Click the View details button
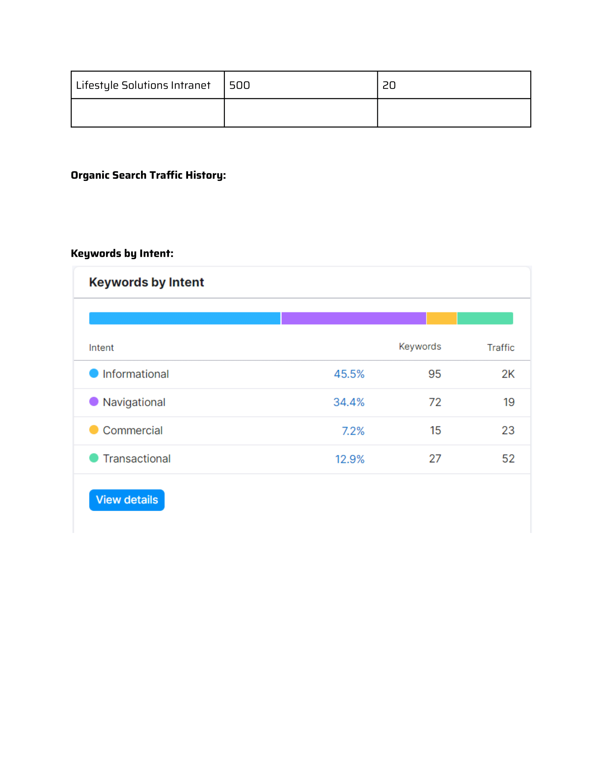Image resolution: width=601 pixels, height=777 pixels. click(127, 500)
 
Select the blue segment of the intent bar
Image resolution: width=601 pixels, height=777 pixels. click(185, 319)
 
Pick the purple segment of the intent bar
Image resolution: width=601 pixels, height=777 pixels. click(354, 319)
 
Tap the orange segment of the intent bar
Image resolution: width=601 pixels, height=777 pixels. click(442, 319)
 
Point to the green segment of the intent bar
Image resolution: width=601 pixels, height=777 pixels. click(485, 319)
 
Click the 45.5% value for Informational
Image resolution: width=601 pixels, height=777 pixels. click(349, 374)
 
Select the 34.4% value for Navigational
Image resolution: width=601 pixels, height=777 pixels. click(349, 402)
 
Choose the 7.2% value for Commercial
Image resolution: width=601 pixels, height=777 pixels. click(353, 431)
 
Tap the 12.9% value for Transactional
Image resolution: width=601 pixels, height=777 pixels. click(350, 459)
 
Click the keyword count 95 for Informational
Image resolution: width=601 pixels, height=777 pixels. click(434, 374)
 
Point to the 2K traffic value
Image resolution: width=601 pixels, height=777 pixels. click(508, 374)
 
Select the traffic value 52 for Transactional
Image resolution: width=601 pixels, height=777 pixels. click(508, 458)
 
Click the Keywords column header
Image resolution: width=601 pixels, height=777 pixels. click(420, 346)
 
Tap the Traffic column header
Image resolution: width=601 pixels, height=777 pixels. click(501, 348)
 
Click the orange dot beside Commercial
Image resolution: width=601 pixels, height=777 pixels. click(94, 430)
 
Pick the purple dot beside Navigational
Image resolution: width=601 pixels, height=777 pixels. click(94, 402)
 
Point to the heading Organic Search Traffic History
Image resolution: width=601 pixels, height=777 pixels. click(148, 175)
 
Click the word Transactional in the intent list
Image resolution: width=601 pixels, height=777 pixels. click(137, 458)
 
